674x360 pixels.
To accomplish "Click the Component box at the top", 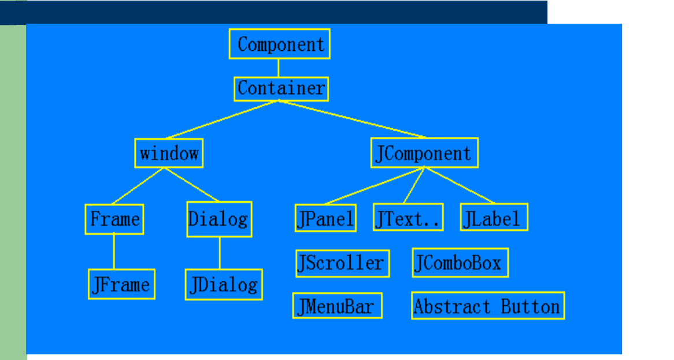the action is pyautogui.click(x=279, y=44).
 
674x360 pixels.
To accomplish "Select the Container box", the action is pyautogui.click(x=281, y=89).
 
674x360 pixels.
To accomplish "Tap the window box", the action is pyautogui.click(x=169, y=153).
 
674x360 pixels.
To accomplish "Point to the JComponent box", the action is pyautogui.click(x=424, y=153).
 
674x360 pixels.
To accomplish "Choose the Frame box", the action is pyautogui.click(x=114, y=219).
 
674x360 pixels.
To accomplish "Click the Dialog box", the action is pyautogui.click(x=219, y=219).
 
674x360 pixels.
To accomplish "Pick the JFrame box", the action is pyautogui.click(x=121, y=284).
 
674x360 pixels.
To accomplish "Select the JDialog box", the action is pyautogui.click(x=224, y=284).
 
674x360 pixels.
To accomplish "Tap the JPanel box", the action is pyautogui.click(x=325, y=218).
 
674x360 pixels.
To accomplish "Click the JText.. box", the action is pyautogui.click(x=408, y=217).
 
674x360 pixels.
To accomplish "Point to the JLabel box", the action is pyautogui.click(x=494, y=217).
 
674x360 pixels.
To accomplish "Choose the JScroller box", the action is pyautogui.click(x=343, y=263).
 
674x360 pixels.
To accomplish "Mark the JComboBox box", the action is pyautogui.click(x=460, y=262).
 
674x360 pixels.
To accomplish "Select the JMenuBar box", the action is pyautogui.click(x=337, y=306).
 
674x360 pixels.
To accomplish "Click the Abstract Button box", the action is pyautogui.click(x=488, y=306).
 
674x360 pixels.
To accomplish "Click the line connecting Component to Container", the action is pyautogui.click(x=279, y=68).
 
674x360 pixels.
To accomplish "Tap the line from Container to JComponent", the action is pyautogui.click(x=353, y=120).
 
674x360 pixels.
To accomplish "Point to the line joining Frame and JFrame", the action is pyautogui.click(x=114, y=252).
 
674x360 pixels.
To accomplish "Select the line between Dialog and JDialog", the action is pyautogui.click(x=220, y=253).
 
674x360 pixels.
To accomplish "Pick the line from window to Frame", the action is pyautogui.click(x=138, y=186).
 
